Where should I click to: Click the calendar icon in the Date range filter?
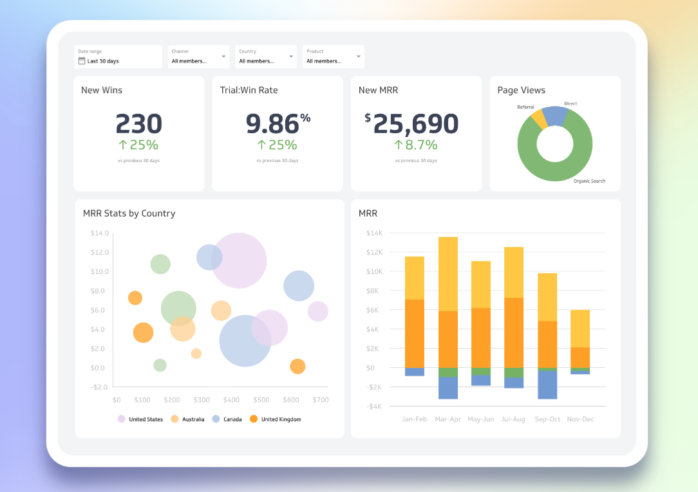(x=82, y=61)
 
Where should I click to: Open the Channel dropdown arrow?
(x=224, y=57)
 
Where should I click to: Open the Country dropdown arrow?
(x=292, y=57)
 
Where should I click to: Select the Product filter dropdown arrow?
(x=359, y=57)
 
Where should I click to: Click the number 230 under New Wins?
(x=138, y=123)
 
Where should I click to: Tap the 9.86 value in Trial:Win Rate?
(x=272, y=123)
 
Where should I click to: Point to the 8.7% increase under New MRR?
(x=415, y=145)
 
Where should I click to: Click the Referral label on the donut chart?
(x=525, y=107)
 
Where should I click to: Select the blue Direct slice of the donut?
(x=556, y=116)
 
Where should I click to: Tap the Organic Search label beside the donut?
(x=589, y=181)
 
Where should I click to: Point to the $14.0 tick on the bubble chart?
(x=99, y=233)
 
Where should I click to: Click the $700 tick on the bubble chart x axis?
(x=320, y=400)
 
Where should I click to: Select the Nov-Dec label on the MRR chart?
(x=580, y=419)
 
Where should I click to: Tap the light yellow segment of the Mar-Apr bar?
(x=448, y=274)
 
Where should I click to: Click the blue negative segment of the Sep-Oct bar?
(x=547, y=385)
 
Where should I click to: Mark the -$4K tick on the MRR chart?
(x=374, y=406)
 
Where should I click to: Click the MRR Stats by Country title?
(x=129, y=214)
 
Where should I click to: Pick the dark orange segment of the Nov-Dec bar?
(x=580, y=358)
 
